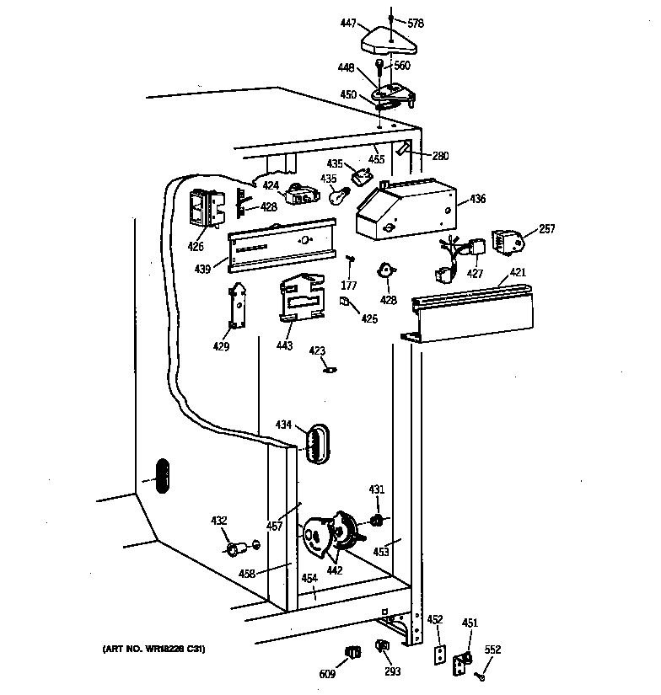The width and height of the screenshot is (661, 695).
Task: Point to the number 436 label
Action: [477, 199]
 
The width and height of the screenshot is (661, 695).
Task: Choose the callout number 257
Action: [546, 228]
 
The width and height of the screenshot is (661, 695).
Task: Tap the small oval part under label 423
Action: [330, 366]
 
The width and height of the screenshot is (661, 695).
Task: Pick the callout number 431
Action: [376, 489]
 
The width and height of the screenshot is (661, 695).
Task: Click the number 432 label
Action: [218, 521]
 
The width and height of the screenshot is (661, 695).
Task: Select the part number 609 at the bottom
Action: [327, 673]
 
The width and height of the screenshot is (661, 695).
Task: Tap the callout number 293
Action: [392, 672]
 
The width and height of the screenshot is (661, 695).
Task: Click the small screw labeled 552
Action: [480, 674]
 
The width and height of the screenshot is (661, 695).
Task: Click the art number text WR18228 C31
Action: [153, 649]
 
